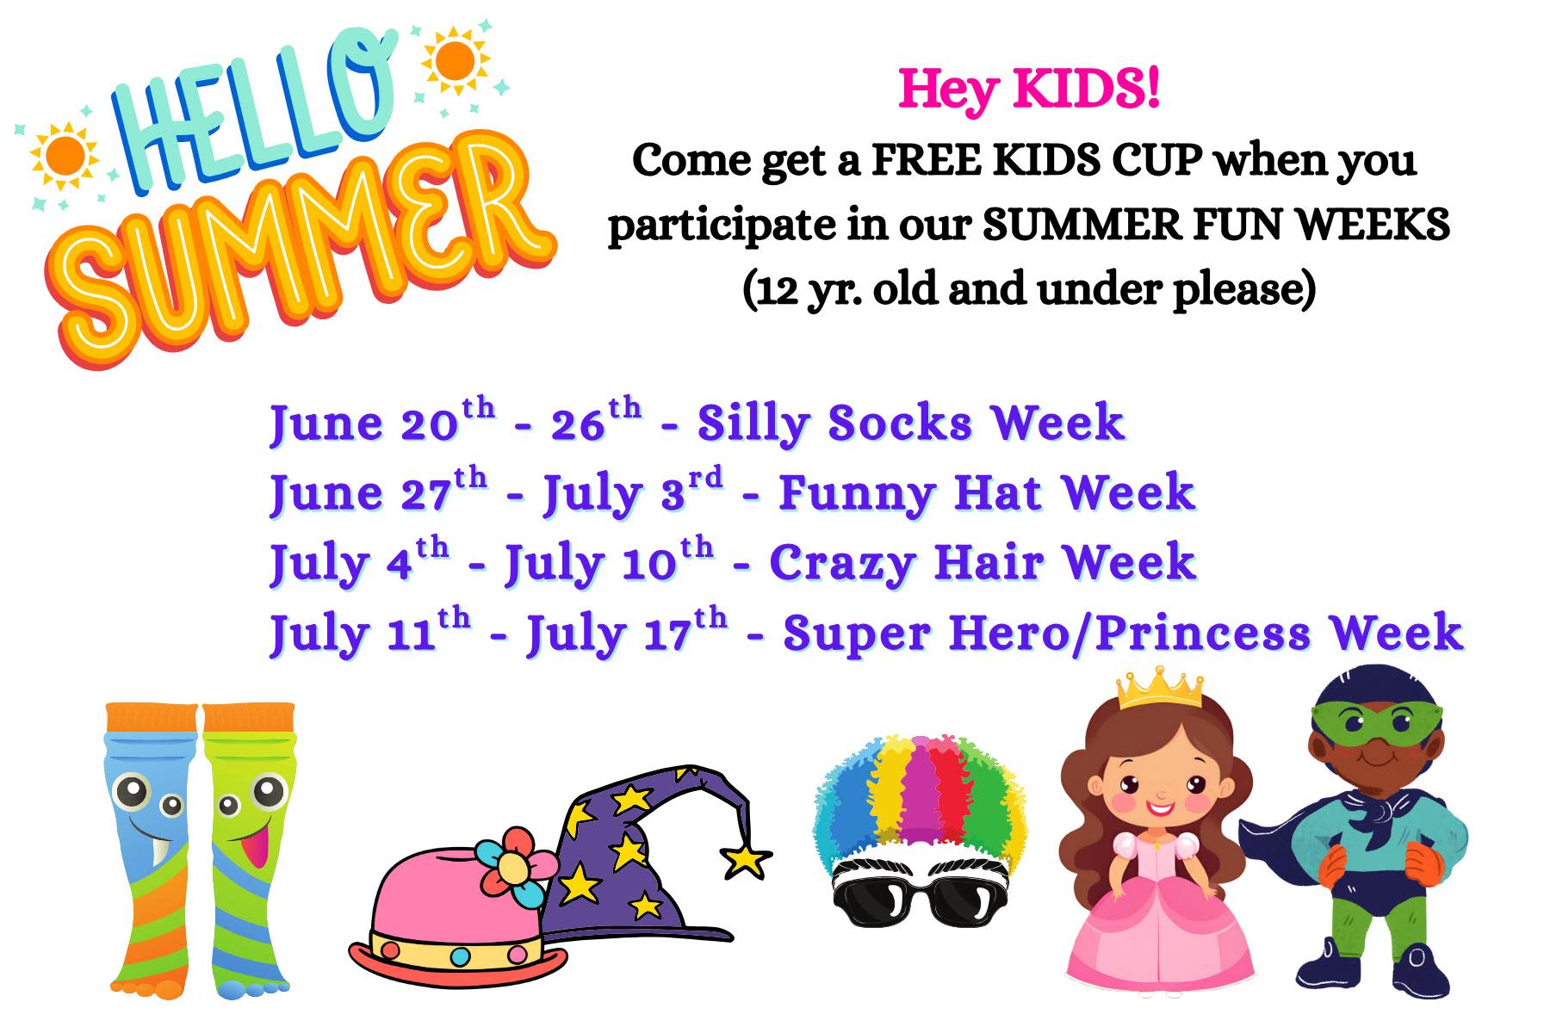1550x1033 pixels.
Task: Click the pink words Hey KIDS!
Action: tap(1029, 90)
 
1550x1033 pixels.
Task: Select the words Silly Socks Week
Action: tap(911, 423)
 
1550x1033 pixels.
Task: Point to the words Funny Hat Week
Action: tap(987, 493)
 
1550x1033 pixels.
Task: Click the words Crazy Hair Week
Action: tap(983, 563)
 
